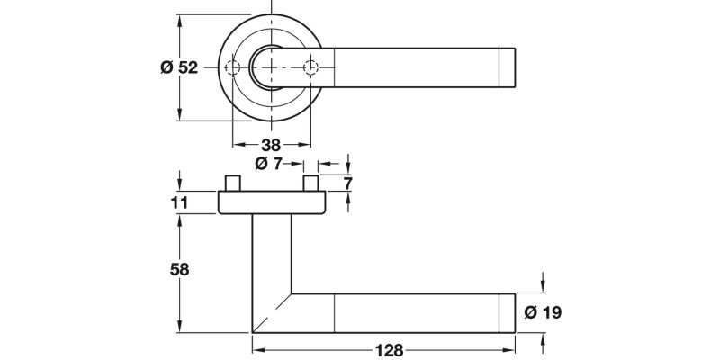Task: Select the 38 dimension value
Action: pos(272,145)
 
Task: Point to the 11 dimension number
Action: pos(179,203)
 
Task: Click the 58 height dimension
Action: pos(179,269)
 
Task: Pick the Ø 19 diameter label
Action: pos(542,313)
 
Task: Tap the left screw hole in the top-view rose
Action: pos(233,68)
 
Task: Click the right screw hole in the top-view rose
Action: pos(311,68)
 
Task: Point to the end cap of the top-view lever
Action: pos(507,68)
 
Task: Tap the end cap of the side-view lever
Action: pos(507,313)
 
